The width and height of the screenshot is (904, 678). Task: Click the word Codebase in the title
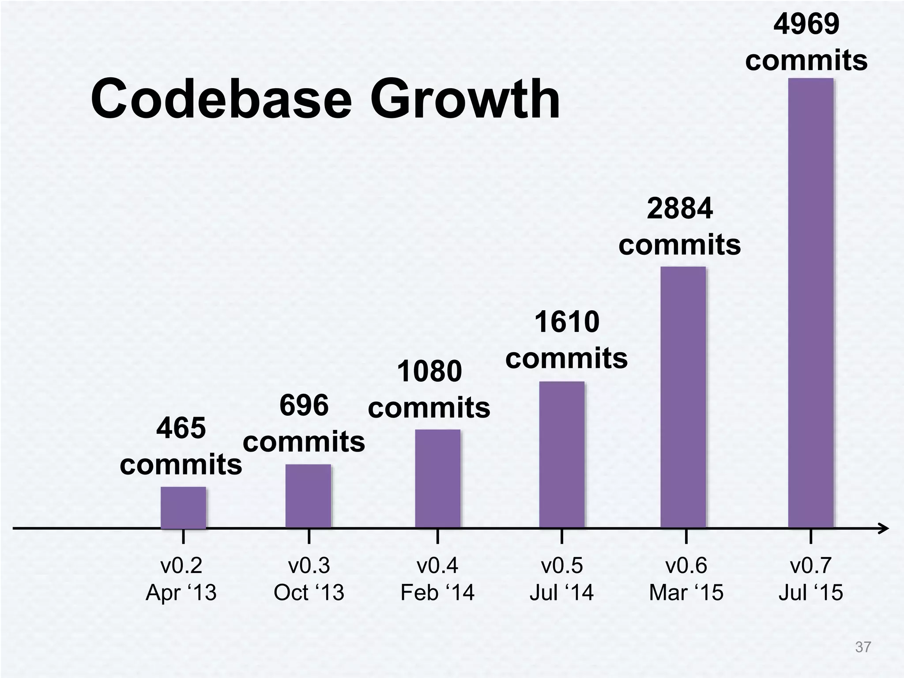[x=221, y=99]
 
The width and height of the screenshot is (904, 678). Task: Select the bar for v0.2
[x=183, y=507]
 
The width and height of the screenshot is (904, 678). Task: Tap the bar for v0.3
[x=308, y=496]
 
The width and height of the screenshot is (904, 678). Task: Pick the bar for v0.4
[x=437, y=478]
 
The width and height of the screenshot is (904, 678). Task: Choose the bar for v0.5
[x=561, y=455]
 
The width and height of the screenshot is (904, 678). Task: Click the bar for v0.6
[x=682, y=397]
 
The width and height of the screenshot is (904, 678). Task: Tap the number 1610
[x=567, y=322]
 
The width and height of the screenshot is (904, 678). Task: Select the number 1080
[x=429, y=371]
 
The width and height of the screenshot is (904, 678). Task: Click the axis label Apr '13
[x=181, y=592]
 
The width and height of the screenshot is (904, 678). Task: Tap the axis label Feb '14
[x=437, y=592]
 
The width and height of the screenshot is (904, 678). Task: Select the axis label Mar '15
[x=686, y=592]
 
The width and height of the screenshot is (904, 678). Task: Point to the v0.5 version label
[x=561, y=565]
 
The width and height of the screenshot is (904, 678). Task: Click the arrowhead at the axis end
[x=883, y=528]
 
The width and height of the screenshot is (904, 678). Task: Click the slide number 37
[x=863, y=647]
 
